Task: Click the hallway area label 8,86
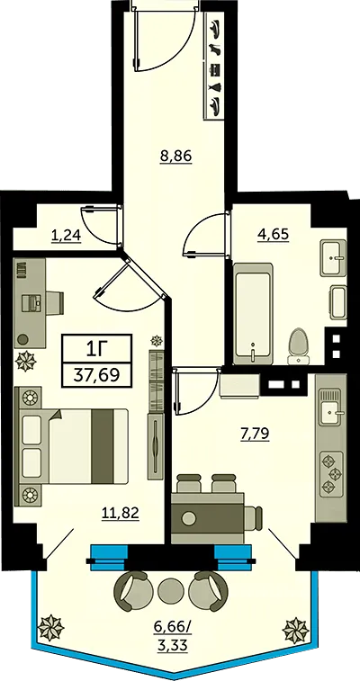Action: pos(175,157)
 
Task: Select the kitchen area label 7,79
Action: pos(255,433)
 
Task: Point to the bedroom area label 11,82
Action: pos(121,514)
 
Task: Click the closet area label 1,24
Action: pos(66,236)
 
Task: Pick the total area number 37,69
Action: pos(96,374)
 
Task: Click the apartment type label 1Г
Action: pos(96,348)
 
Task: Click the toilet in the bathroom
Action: pos(298,346)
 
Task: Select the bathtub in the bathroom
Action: pos(253,314)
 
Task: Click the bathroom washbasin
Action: pos(334,257)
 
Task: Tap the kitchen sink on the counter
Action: pos(331,408)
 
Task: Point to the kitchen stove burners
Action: pos(331,474)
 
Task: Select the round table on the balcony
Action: pos(168,591)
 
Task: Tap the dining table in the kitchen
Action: pos(208,518)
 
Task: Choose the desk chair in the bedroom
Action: pos(55,302)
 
